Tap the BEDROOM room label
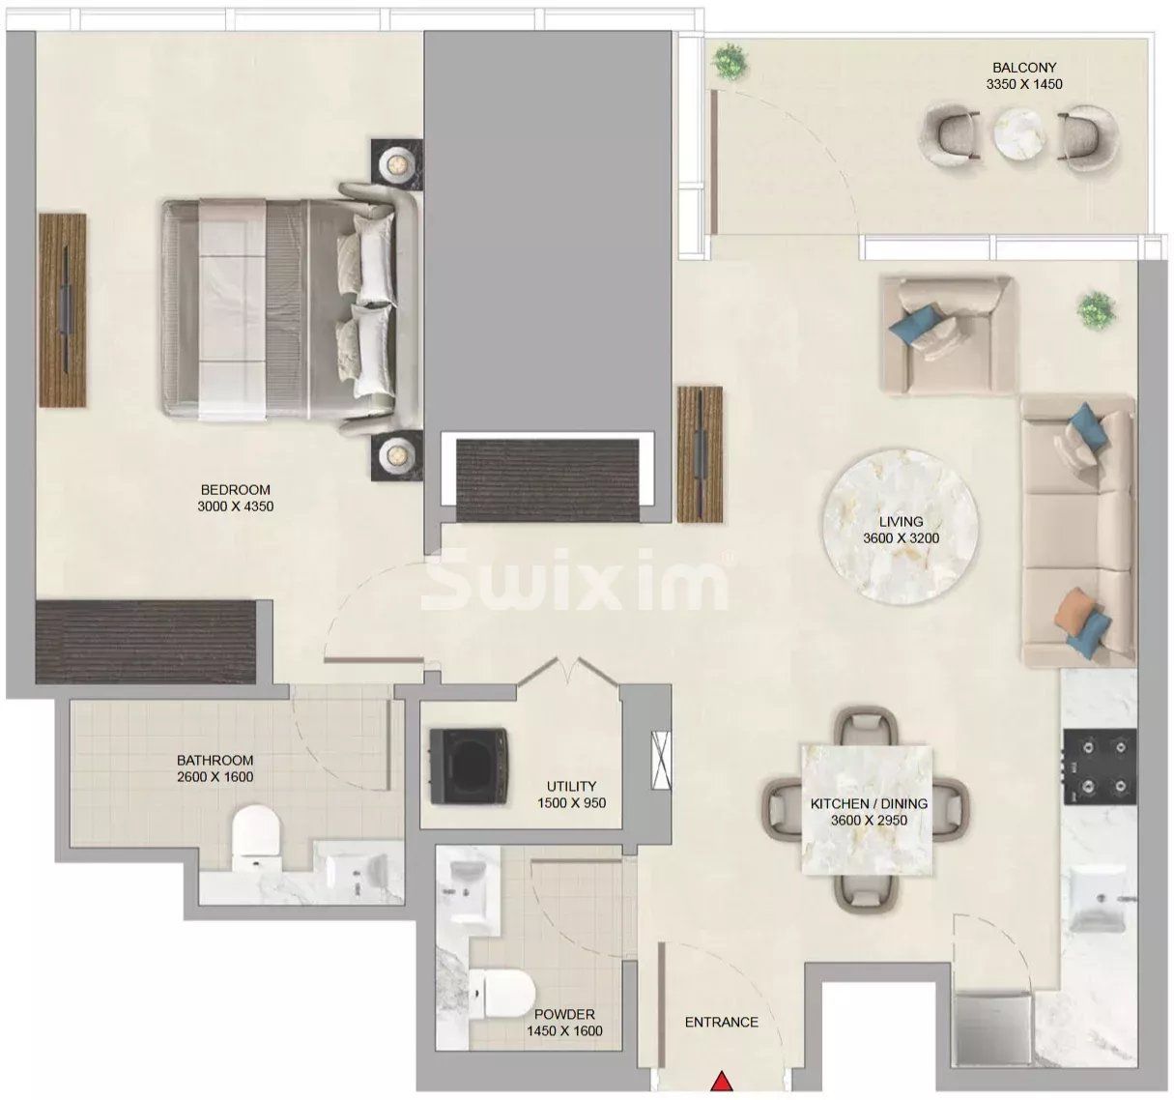[236, 490]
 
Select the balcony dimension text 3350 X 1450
[1023, 84]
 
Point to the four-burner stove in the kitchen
[1100, 766]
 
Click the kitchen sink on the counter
[1098, 899]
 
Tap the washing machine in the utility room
[465, 767]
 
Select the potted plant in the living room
[1094, 309]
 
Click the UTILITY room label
[571, 787]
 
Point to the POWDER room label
[564, 1014]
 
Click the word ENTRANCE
[721, 1022]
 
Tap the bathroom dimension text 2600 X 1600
[215, 777]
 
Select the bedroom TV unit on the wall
[63, 309]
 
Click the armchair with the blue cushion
[945, 333]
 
